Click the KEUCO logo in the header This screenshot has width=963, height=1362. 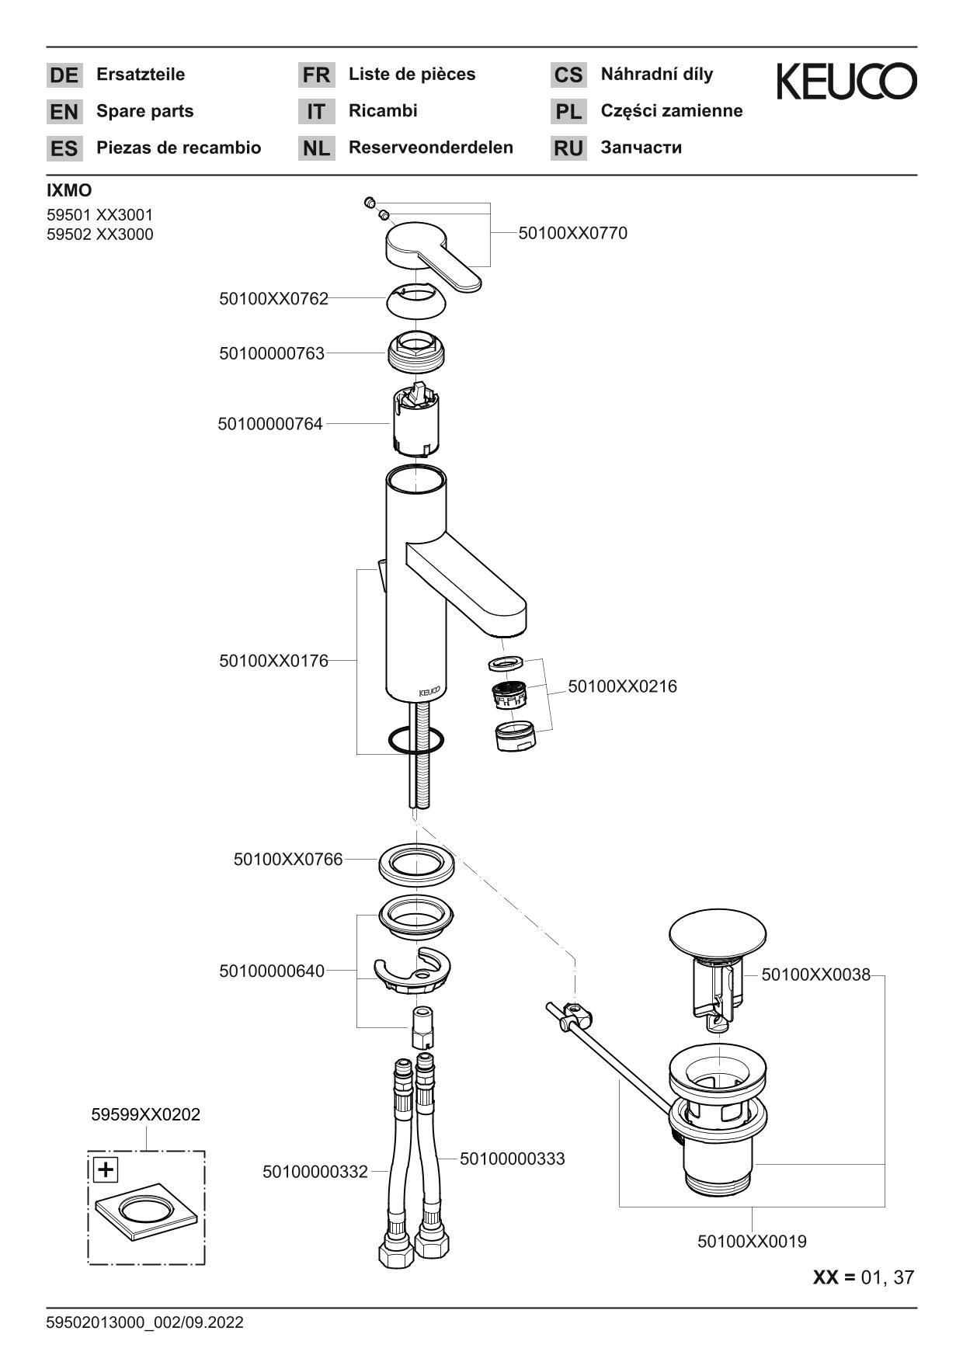tap(847, 82)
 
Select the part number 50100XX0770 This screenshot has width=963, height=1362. tap(572, 233)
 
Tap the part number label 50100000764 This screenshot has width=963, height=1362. tap(270, 424)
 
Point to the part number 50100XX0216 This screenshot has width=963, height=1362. tap(622, 686)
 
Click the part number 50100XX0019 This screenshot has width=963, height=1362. tap(752, 1241)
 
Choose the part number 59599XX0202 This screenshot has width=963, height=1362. tap(145, 1114)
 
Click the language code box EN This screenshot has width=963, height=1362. tap(64, 112)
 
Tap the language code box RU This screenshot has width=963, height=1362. tap(568, 148)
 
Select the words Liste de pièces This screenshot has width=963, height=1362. tap(412, 75)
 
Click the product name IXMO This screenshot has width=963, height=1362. tap(69, 190)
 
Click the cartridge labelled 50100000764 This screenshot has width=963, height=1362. tap(417, 419)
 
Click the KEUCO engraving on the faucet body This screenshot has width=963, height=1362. tap(429, 691)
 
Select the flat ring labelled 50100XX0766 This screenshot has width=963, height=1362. tap(416, 864)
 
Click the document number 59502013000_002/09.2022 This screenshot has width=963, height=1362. tap(145, 1322)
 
